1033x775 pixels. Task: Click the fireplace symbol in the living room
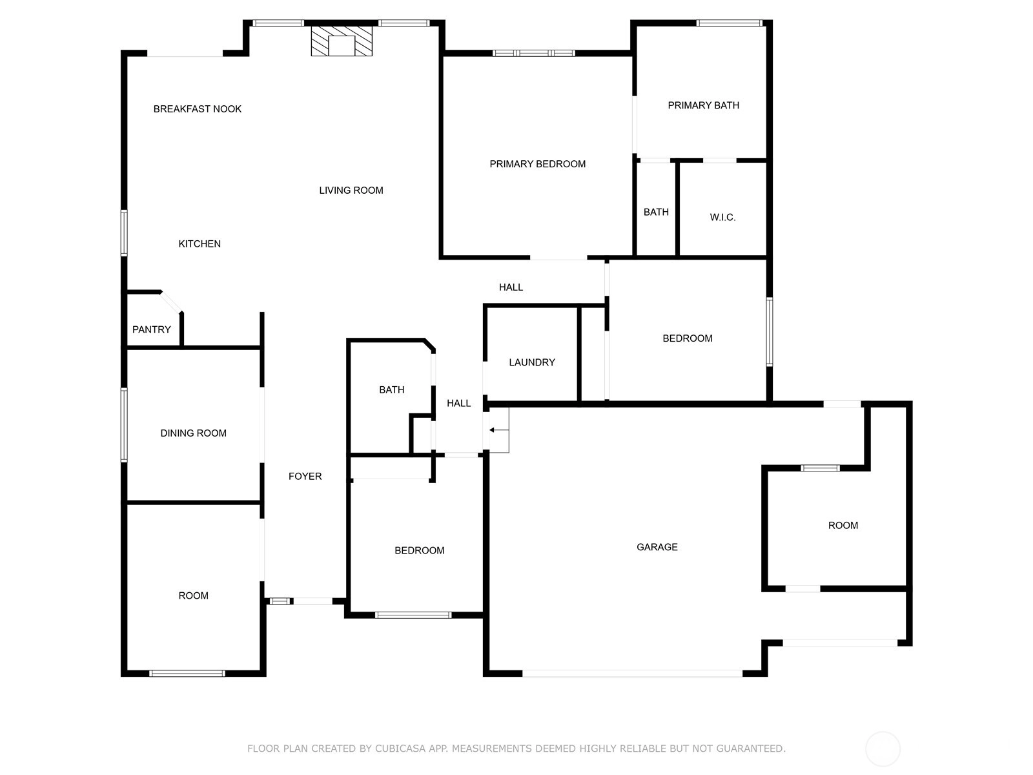coord(341,41)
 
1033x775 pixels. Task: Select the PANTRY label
coord(151,329)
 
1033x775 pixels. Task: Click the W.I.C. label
coord(722,218)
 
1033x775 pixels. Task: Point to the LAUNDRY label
coord(532,362)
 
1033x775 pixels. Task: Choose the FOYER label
coord(305,476)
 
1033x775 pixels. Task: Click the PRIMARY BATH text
coord(703,105)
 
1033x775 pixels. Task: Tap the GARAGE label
coord(657,547)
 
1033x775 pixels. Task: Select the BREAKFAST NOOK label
coord(197,109)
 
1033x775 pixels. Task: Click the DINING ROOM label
coord(194,433)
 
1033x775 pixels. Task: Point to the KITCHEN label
coord(199,243)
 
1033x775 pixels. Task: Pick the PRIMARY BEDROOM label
coord(537,164)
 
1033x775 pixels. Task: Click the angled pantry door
coord(171,302)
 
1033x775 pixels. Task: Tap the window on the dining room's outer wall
coord(124,424)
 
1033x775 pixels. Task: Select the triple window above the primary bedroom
coord(534,53)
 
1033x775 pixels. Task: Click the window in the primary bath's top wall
coord(729,23)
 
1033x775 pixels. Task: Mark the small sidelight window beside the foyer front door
coord(280,601)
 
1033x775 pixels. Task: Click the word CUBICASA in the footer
coord(400,748)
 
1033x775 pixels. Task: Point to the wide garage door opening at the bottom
coord(632,674)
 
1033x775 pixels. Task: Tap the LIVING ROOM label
coord(351,191)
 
